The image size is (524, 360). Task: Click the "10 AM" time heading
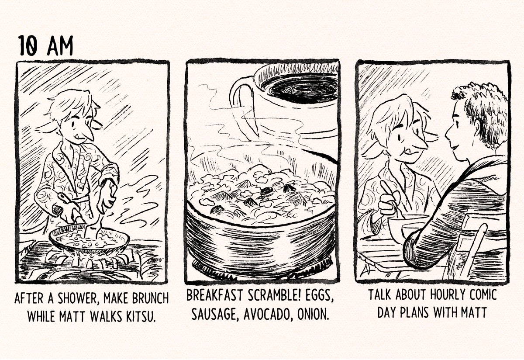tap(46, 45)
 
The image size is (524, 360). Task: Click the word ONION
tap(313, 314)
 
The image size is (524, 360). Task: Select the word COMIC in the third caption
tap(483, 294)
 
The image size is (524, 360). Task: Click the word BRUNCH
tap(150, 298)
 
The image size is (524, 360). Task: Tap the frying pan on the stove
tap(89, 239)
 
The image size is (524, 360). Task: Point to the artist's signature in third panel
tap(365, 271)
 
